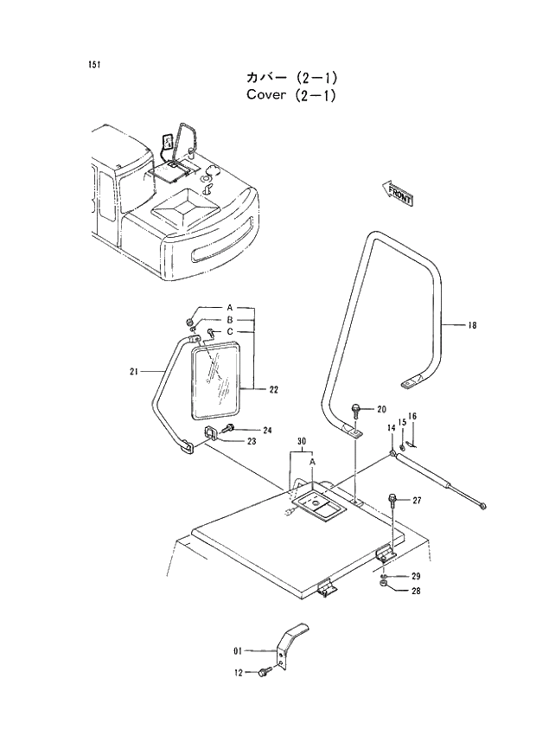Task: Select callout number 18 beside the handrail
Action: point(472,326)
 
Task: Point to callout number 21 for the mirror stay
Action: point(133,372)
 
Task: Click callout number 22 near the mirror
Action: point(273,389)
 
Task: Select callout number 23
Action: point(251,441)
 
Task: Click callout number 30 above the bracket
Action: point(302,442)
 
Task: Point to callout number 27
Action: point(416,501)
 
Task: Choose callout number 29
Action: point(415,576)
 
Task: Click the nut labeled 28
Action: point(383,588)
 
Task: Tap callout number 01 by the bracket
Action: point(238,649)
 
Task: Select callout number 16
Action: point(412,417)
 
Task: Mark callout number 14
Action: point(391,428)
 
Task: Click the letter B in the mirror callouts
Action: point(230,319)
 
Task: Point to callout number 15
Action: point(402,422)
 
